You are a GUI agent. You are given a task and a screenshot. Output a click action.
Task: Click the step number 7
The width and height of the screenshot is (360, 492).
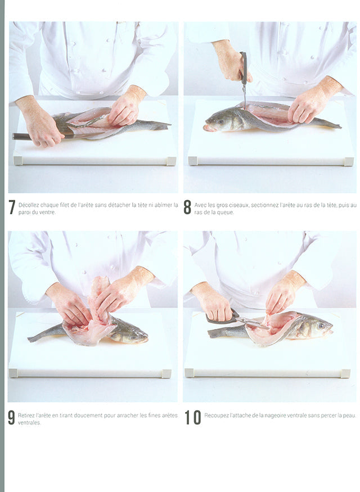12,207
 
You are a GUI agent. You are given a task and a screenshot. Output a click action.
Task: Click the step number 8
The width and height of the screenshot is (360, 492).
187,207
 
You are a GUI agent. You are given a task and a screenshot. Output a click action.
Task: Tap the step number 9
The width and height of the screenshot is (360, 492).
11,418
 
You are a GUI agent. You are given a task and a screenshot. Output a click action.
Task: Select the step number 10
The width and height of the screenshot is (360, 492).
192,418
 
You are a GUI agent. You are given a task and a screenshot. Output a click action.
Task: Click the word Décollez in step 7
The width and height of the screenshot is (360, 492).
29,205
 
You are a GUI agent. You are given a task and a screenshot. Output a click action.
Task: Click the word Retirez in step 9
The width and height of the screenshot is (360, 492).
26,416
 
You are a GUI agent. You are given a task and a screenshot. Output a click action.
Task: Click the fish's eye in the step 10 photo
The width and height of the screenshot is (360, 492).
321,326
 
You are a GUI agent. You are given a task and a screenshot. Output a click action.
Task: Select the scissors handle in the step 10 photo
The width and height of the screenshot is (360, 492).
222,318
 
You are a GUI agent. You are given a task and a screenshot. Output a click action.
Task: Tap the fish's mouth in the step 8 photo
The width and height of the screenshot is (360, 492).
206,128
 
